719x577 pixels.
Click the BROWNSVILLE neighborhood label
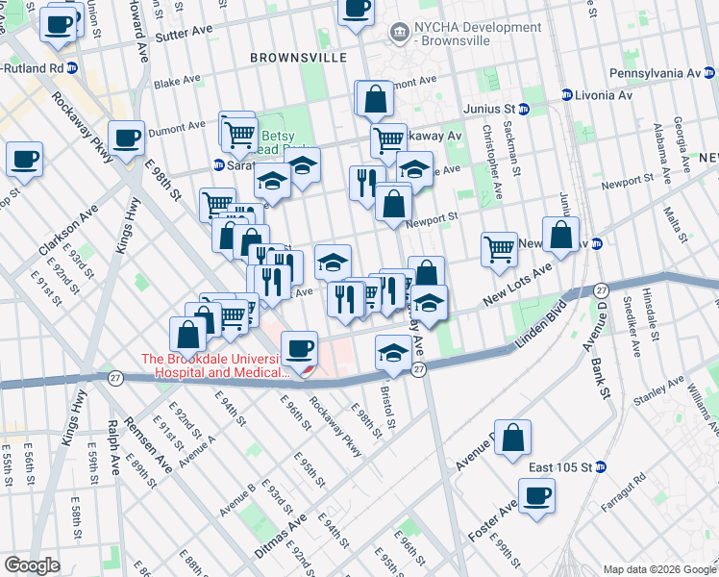tap(298, 58)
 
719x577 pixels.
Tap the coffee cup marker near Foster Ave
tap(537, 495)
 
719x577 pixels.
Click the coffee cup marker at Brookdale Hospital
tap(301, 347)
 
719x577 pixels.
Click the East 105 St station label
tap(560, 467)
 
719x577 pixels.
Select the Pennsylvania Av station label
tap(658, 73)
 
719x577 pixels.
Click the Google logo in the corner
tap(32, 565)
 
